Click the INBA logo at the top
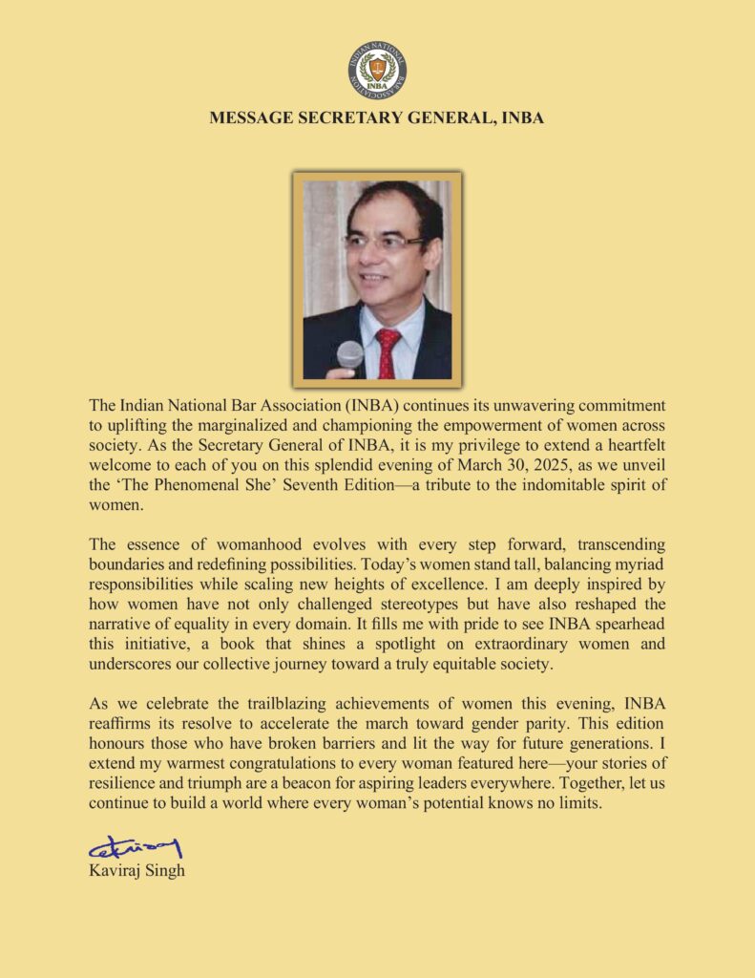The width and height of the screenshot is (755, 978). (377, 69)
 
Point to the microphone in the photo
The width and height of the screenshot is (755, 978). (350, 357)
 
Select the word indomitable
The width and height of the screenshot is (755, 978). (534, 485)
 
